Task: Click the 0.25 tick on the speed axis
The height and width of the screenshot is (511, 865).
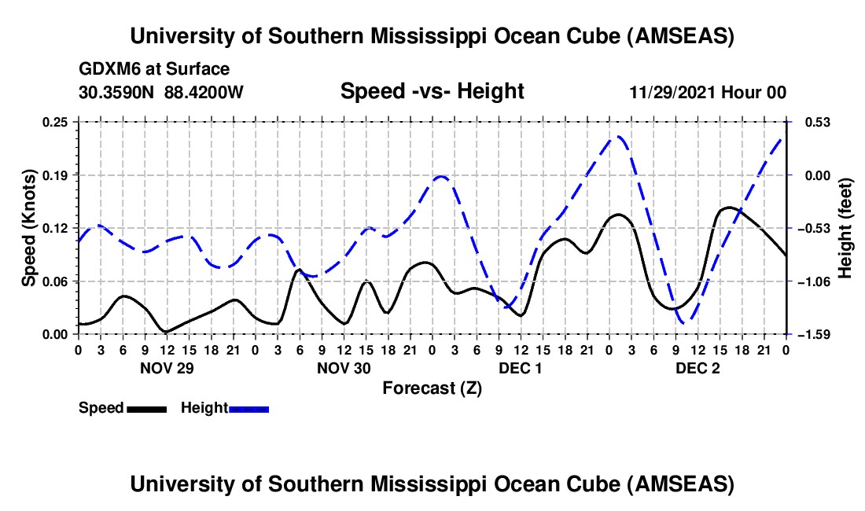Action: [57, 122]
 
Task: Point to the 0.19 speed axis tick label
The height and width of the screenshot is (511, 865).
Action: [57, 175]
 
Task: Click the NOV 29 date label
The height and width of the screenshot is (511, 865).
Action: [167, 367]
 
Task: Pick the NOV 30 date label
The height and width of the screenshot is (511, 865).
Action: [344, 367]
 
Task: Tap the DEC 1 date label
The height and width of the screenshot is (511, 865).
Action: [521, 367]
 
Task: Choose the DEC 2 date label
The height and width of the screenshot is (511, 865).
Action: [698, 367]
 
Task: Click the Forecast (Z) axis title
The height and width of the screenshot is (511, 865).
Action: [432, 388]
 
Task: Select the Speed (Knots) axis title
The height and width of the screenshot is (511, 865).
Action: [28, 228]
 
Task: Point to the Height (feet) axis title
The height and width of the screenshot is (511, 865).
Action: [846, 228]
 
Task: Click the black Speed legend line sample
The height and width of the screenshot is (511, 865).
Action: [145, 409]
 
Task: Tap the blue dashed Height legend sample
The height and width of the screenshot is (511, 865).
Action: [248, 409]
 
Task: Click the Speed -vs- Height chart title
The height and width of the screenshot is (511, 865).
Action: [432, 91]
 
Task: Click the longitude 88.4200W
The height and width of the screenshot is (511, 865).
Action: [204, 92]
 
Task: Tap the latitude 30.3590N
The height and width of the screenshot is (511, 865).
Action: [118, 92]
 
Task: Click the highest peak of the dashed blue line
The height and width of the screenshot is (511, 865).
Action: [619, 137]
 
